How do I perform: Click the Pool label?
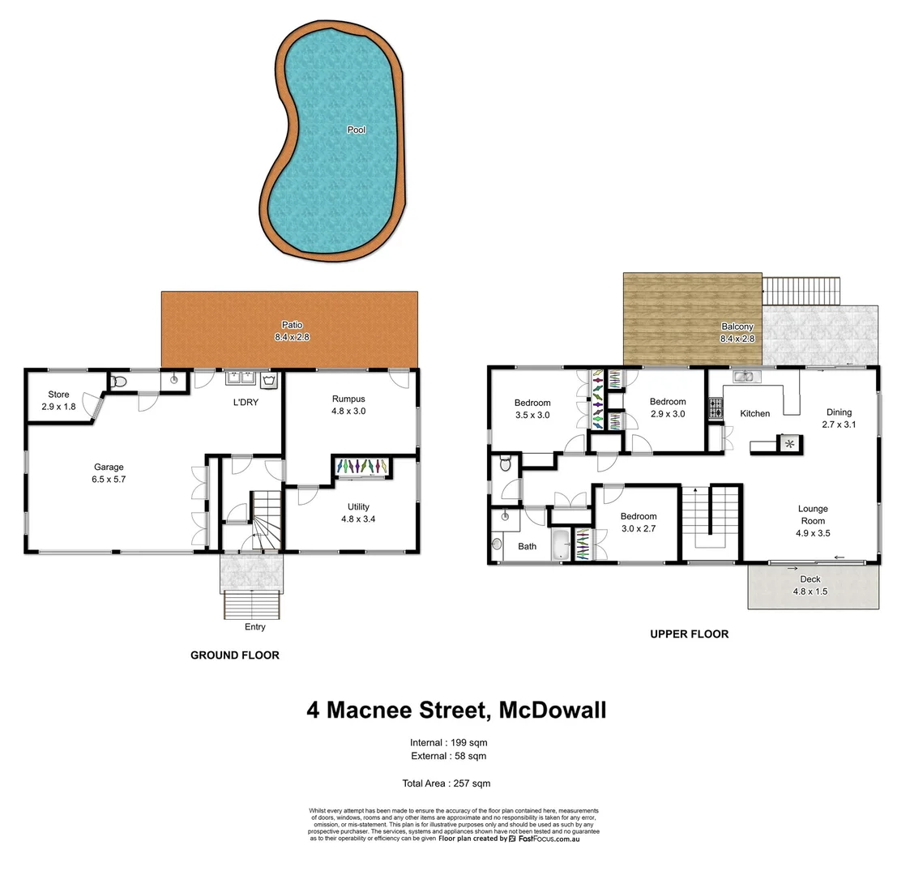point(356,130)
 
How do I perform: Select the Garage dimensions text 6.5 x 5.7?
point(109,479)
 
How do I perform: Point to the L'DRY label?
point(246,402)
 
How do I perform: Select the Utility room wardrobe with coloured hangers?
point(362,467)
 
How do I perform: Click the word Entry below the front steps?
point(254,626)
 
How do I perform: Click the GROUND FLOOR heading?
point(234,655)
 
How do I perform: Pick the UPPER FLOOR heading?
point(689,634)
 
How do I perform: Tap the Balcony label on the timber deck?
point(737,332)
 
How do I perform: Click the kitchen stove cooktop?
point(716,409)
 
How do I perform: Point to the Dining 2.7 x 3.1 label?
point(839,417)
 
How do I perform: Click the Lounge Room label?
point(813,514)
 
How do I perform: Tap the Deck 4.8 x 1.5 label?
point(810,585)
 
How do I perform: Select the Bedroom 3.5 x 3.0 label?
point(532,408)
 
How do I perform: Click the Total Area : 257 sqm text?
point(446,783)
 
